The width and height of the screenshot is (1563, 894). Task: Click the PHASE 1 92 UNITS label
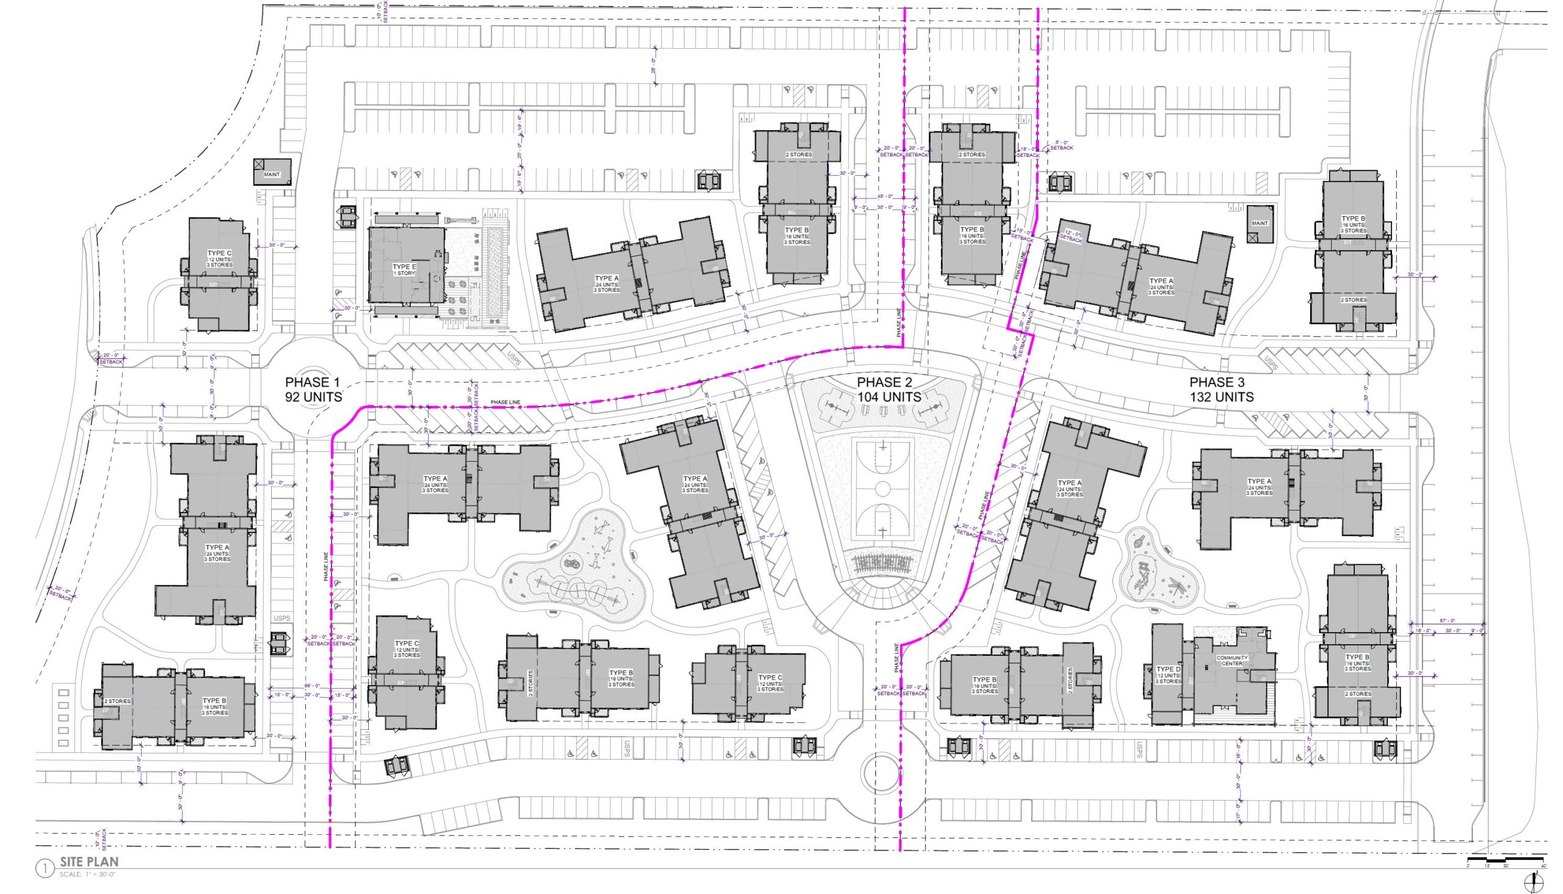pyautogui.click(x=313, y=389)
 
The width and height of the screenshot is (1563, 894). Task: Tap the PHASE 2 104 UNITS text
pyautogui.click(x=889, y=389)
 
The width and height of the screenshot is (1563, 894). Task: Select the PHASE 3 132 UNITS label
pyautogui.click(x=1221, y=389)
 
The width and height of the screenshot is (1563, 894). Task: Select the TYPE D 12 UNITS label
pyautogui.click(x=1168, y=675)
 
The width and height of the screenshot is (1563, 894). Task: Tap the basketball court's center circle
pyautogui.click(x=883, y=488)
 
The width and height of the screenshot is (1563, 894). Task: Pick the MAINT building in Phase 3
pyautogui.click(x=1260, y=224)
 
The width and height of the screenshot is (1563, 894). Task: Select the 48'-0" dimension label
pyautogui.click(x=885, y=197)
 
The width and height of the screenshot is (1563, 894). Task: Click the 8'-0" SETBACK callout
pyautogui.click(x=1063, y=145)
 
